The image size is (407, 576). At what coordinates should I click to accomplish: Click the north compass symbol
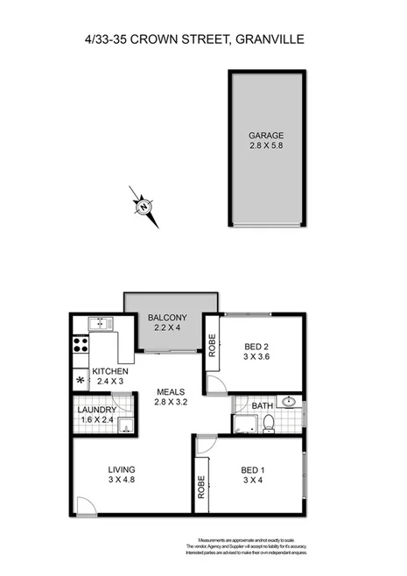[142, 207]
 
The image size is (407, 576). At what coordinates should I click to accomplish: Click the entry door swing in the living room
[86, 505]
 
